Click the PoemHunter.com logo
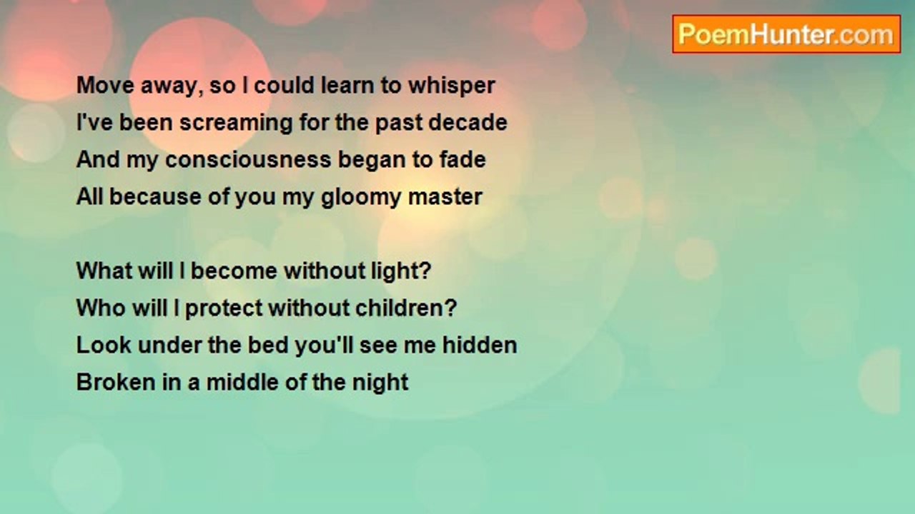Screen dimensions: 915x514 point(786,34)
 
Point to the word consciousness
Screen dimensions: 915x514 point(248,159)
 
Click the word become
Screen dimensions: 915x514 point(234,271)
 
